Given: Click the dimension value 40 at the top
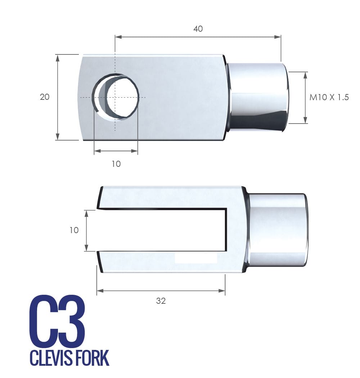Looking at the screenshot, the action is [198, 29].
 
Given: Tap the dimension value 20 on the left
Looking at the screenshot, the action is [45, 97].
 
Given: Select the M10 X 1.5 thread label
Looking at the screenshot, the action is [329, 97].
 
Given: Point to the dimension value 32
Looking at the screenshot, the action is [161, 301].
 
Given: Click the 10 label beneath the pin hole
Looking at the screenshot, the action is [116, 164].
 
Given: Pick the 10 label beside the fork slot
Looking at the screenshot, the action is [74, 230].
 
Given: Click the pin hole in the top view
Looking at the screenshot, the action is [116, 97].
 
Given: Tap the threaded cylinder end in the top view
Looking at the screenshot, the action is [258, 97].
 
